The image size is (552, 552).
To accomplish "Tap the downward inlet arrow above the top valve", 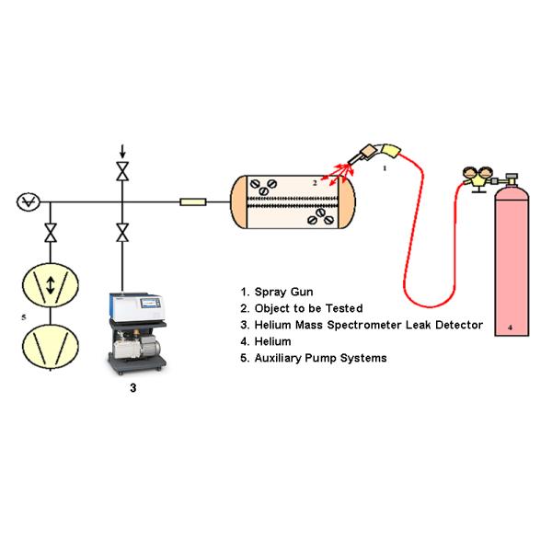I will click(x=121, y=150).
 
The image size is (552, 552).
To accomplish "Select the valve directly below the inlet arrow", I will click(x=121, y=171).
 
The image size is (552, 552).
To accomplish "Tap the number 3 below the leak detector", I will click(x=133, y=389).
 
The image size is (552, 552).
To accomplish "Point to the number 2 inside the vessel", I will click(x=314, y=183).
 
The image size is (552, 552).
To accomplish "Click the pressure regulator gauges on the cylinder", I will click(x=477, y=174).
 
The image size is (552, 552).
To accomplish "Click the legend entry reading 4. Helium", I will click(x=267, y=340).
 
